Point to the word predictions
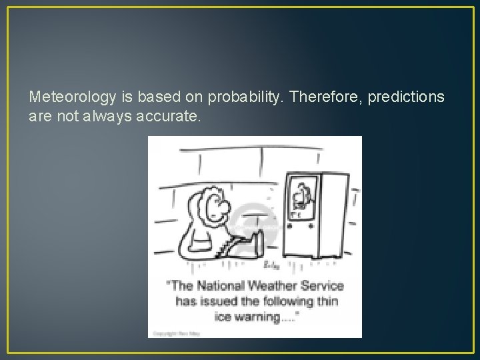pos(403,98)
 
